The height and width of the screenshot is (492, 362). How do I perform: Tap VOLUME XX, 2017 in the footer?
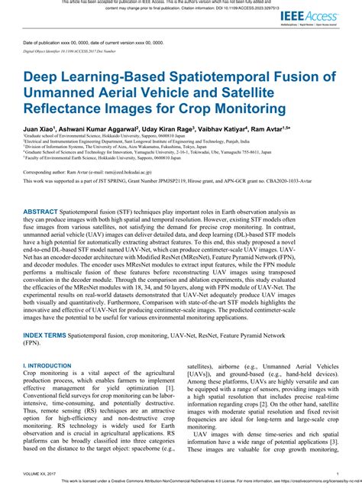pyautogui.click(x=44, y=474)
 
